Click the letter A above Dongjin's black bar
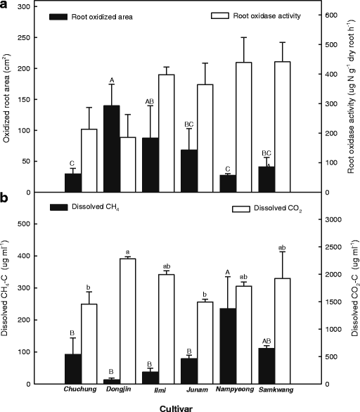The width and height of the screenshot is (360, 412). click(x=112, y=79)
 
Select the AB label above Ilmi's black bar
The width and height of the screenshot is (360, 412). click(x=149, y=101)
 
